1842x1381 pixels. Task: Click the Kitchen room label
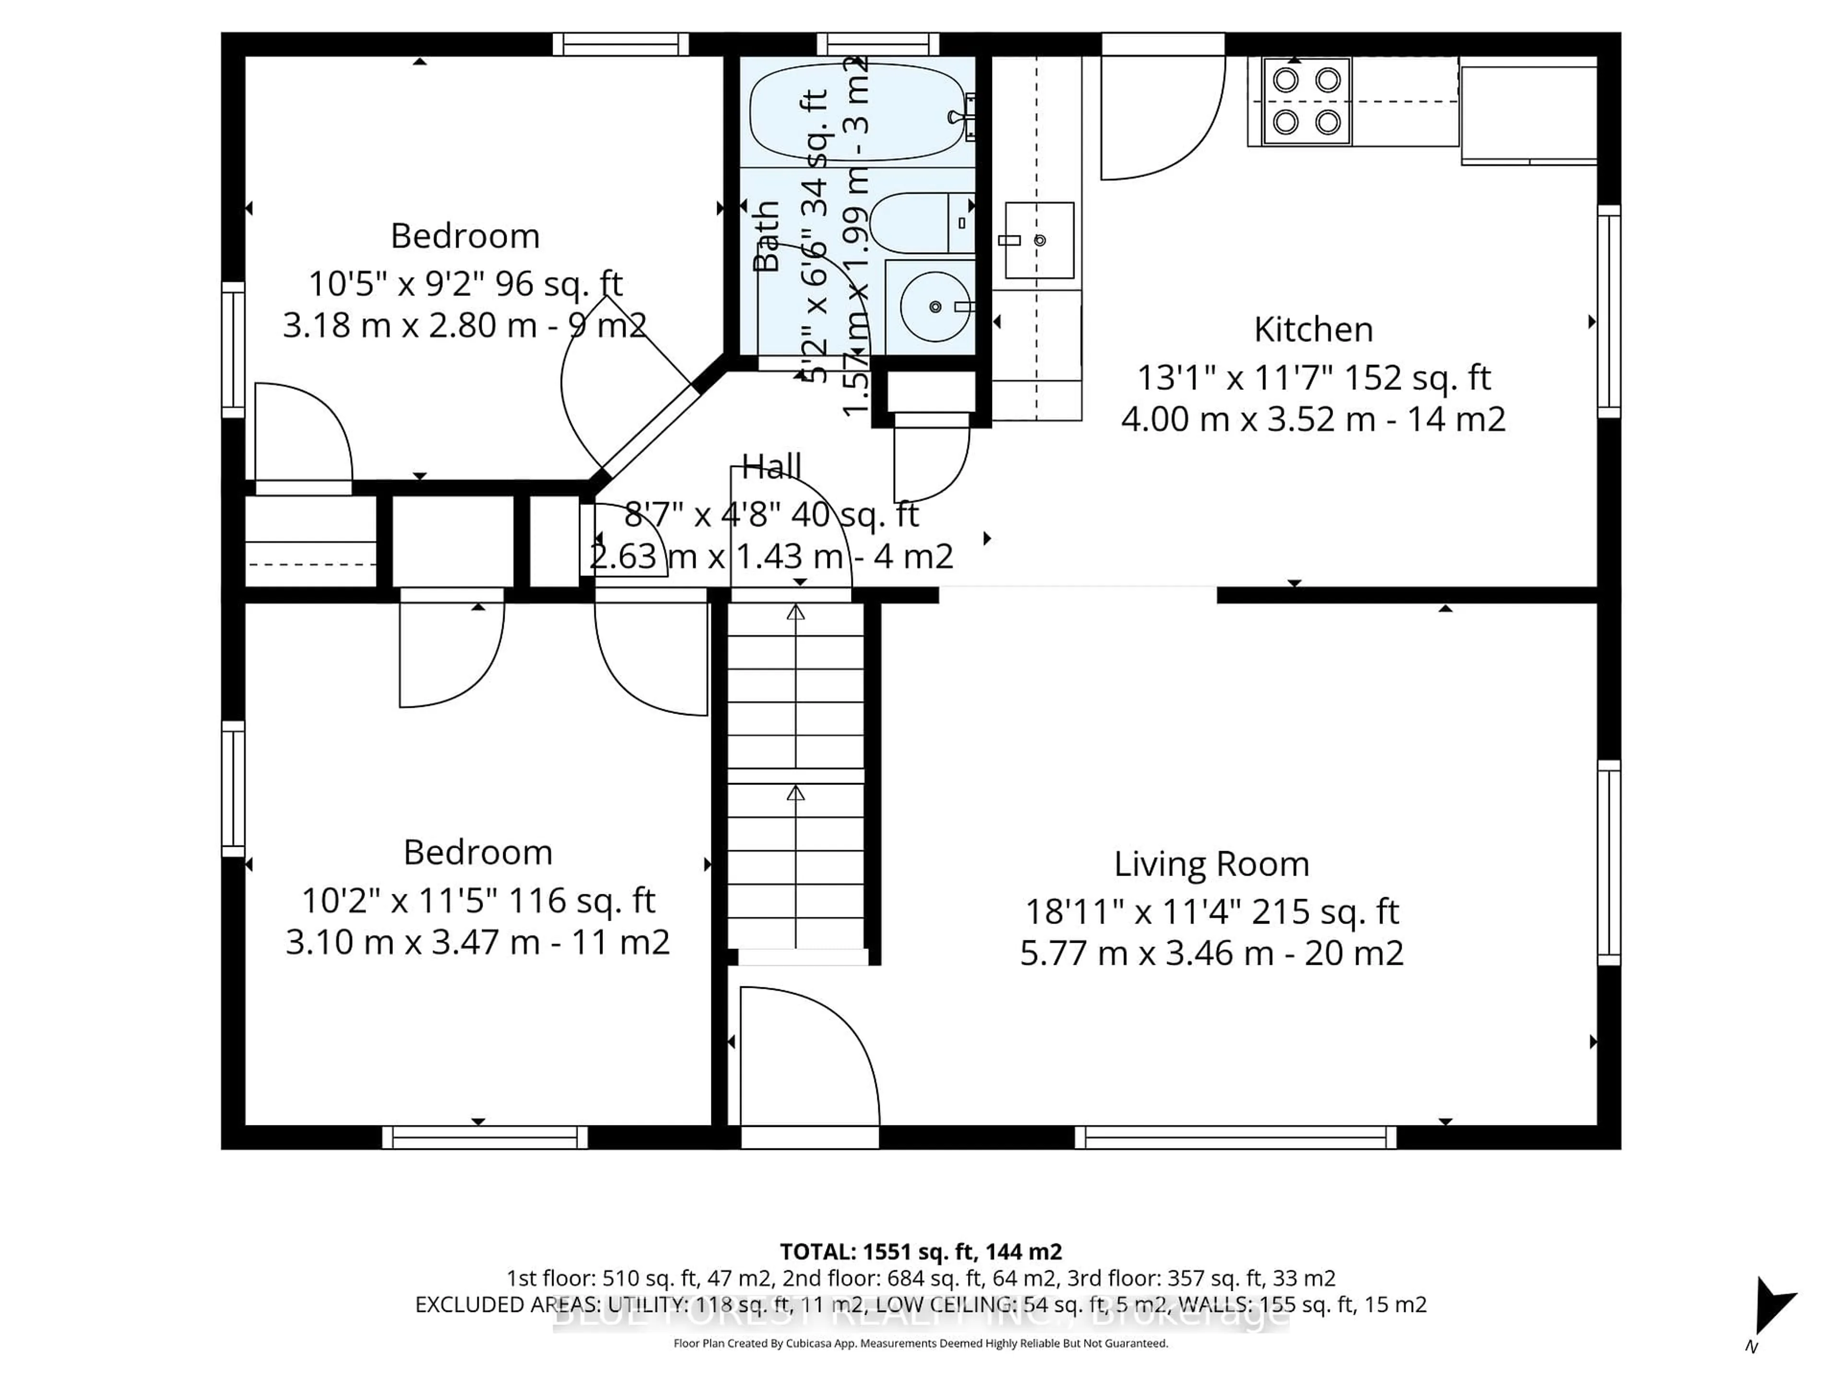tap(1313, 329)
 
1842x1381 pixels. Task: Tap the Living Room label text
tap(1212, 864)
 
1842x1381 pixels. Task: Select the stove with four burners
tap(1306, 102)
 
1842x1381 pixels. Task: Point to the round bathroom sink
tap(934, 306)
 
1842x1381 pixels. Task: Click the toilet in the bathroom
tap(920, 223)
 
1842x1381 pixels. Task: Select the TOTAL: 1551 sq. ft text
tap(920, 1251)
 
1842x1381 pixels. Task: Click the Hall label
tap(771, 466)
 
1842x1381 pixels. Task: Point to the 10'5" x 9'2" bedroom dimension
tap(465, 284)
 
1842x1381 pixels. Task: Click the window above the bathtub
tap(878, 43)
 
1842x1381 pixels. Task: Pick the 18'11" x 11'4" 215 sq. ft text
tap(1212, 912)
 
